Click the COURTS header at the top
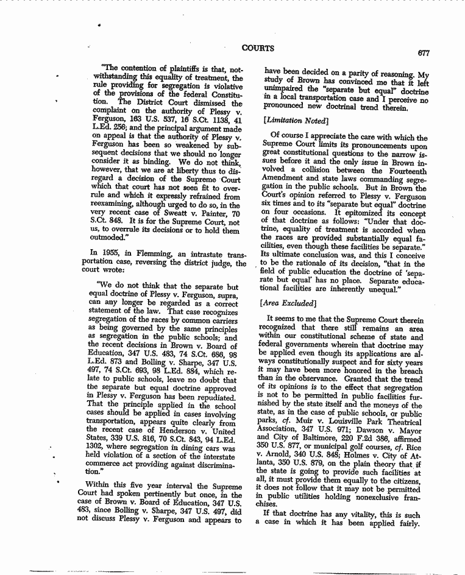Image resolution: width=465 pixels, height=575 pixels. click(258, 48)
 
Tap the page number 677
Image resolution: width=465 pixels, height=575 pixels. click(424, 53)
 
